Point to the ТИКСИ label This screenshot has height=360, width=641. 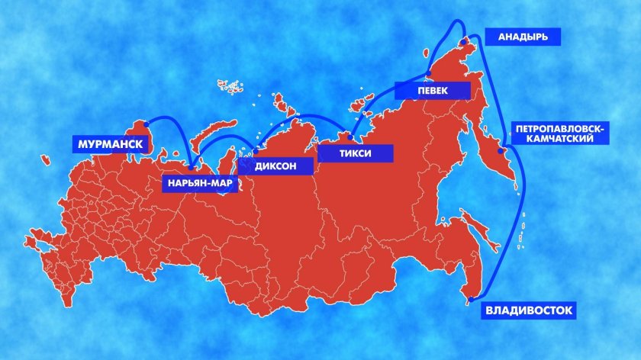coord(355,153)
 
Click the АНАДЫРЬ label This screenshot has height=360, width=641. coord(523,36)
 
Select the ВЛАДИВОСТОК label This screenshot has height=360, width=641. coord(528,310)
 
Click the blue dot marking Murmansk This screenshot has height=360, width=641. coord(145,124)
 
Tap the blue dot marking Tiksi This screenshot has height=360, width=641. coord(350,138)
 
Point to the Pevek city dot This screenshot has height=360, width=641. coord(429,74)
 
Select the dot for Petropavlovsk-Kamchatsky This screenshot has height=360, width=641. coord(501,151)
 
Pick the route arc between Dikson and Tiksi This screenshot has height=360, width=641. coord(305,116)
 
